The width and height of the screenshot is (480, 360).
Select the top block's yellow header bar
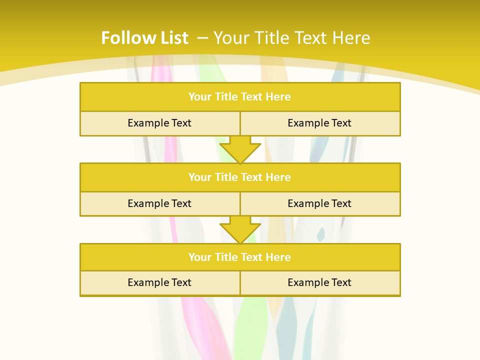click(240, 97)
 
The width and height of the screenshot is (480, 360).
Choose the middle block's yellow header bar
click(240, 177)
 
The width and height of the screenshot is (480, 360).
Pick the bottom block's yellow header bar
click(240, 257)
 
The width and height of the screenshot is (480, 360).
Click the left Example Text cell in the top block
click(159, 123)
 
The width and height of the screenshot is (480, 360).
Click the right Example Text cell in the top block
click(319, 123)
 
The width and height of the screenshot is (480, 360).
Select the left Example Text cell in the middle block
click(159, 203)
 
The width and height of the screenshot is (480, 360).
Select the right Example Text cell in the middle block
click(319, 203)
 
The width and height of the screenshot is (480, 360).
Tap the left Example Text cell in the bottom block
click(159, 282)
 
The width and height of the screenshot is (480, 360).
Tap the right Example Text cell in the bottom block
click(319, 282)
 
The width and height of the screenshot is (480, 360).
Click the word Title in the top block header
click(225, 97)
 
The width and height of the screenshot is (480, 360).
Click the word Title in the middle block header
click(225, 177)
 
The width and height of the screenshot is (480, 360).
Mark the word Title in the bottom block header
click(225, 257)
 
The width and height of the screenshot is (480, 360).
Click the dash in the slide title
click(202, 38)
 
